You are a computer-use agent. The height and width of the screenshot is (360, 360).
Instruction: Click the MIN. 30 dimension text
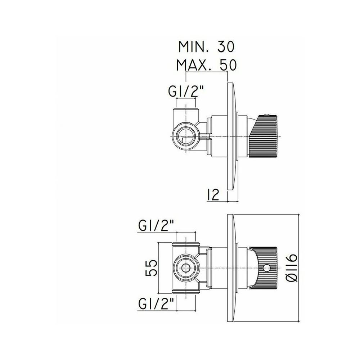(x=206, y=47)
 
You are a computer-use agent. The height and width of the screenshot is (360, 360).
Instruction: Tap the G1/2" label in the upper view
(x=186, y=92)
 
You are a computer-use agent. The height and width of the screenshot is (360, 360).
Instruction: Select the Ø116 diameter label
(x=292, y=267)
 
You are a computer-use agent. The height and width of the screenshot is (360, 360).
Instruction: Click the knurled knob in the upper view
(x=264, y=136)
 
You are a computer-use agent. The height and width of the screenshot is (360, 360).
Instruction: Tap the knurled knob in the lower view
(x=264, y=268)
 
